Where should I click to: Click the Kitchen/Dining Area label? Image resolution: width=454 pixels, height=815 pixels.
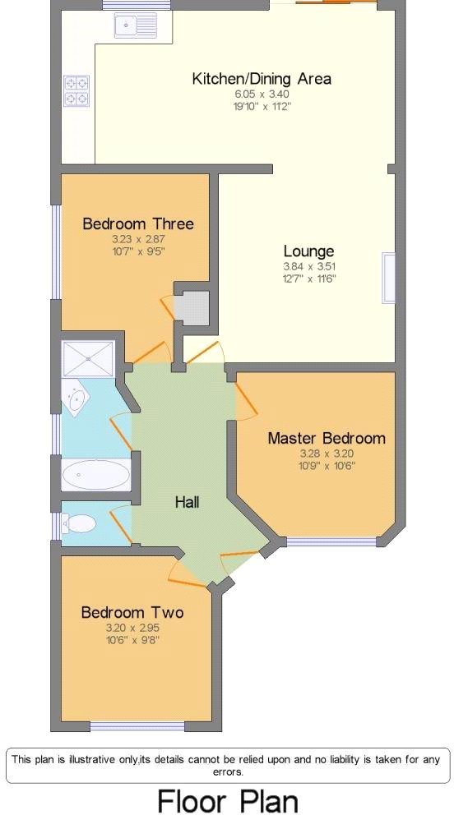pyautogui.click(x=262, y=79)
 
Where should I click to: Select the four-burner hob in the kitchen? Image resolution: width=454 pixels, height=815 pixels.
pyautogui.click(x=76, y=90)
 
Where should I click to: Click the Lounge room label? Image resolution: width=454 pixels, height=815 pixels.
pyautogui.click(x=308, y=251)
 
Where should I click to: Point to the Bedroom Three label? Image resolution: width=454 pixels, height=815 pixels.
pyautogui.click(x=138, y=223)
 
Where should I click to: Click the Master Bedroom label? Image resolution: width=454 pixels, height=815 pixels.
pyautogui.click(x=326, y=438)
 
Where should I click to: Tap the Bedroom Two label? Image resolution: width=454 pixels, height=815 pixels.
pyautogui.click(x=132, y=612)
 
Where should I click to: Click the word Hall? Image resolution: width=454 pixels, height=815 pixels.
pyautogui.click(x=187, y=501)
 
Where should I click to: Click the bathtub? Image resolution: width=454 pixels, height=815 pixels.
pyautogui.click(x=95, y=474)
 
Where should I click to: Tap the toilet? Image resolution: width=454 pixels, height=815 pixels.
pyautogui.click(x=79, y=523)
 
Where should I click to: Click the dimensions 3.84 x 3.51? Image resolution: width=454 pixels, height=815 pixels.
pyautogui.click(x=308, y=266)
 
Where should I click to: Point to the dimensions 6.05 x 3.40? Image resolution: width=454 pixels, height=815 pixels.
pyautogui.click(x=262, y=94)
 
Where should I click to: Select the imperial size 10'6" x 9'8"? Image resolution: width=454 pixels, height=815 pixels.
pyautogui.click(x=132, y=638)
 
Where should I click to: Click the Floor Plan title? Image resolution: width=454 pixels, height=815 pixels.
pyautogui.click(x=227, y=800)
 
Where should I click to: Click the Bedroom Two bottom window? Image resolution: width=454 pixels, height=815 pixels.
pyautogui.click(x=136, y=726)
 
